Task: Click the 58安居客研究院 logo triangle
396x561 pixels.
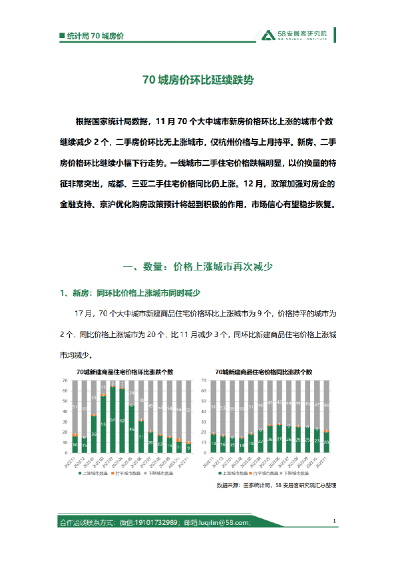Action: [267, 35]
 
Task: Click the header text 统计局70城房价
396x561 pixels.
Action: [96, 35]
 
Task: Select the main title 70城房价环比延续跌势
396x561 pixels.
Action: [198, 81]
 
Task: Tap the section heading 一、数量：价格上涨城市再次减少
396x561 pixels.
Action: [198, 267]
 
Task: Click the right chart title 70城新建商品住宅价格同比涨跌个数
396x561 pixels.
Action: [264, 371]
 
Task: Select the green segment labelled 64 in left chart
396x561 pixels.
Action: [112, 420]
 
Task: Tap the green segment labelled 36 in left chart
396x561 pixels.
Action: [94, 434]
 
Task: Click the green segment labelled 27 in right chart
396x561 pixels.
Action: [279, 439]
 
